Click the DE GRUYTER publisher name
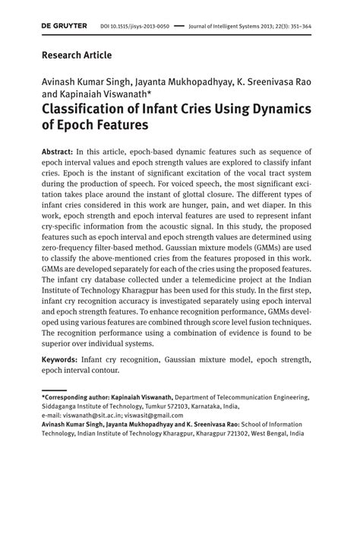(64, 26)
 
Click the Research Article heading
(76, 55)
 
